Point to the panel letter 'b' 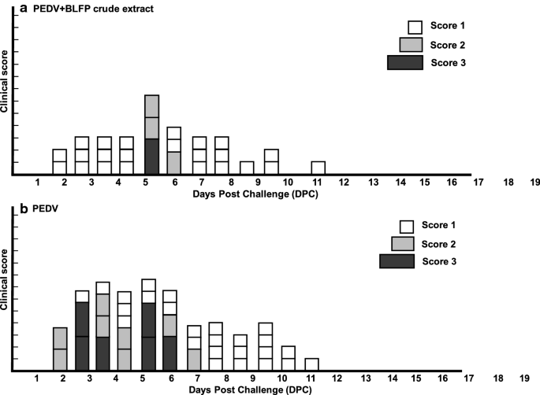click(8, 209)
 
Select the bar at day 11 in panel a click(318, 168)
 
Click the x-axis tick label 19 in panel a click(535, 183)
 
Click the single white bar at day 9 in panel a click(247, 168)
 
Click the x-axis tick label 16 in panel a click(451, 183)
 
